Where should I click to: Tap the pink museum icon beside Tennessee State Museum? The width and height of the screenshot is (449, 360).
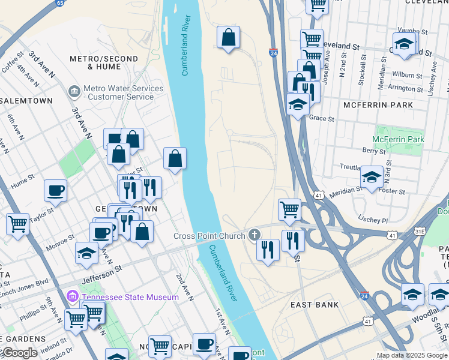(x=73, y=296)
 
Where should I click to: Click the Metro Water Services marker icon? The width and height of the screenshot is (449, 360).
(x=74, y=92)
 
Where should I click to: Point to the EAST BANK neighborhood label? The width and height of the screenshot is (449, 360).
(x=315, y=305)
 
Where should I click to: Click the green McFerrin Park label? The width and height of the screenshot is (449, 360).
(x=398, y=139)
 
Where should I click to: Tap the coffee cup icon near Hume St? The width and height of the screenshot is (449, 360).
(x=55, y=191)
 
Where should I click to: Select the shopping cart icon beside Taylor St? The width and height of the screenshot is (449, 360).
(x=17, y=224)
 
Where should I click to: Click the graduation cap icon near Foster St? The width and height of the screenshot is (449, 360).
(x=372, y=177)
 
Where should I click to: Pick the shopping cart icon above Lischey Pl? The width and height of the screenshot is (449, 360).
(x=289, y=209)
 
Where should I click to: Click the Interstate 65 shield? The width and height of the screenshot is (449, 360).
(x=59, y=3)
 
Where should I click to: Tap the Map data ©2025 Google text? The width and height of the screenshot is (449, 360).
(x=411, y=355)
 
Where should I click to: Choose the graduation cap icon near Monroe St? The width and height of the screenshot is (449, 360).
(x=86, y=253)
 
